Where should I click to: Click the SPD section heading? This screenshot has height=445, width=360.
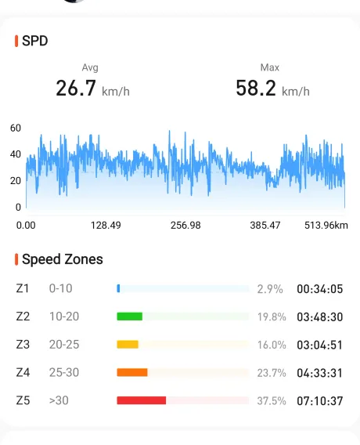35,41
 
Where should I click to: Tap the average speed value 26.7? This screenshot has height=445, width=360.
76,88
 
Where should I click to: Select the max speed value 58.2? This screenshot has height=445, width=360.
256,88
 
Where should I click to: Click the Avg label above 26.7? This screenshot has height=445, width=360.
90,67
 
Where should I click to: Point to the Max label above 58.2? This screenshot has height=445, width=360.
269,67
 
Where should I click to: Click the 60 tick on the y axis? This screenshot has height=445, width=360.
16,128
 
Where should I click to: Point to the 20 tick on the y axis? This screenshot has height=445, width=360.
16,181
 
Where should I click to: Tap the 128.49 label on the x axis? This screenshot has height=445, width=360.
106,226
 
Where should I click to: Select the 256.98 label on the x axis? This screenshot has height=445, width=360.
185,226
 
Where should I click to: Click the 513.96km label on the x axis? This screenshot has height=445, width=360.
326,226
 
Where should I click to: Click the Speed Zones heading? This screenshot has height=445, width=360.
63,259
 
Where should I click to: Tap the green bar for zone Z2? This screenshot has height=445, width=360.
130,317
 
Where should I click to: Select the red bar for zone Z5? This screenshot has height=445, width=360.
142,400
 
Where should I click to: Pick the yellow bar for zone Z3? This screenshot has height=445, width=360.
128,345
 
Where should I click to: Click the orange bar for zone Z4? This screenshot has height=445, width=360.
132,372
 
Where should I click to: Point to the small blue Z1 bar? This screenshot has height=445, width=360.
118,288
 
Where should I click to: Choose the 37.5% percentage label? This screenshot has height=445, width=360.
272,400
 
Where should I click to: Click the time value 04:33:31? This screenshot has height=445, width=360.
320,373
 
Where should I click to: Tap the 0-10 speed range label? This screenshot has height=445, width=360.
61,288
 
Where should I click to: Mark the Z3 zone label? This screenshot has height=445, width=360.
23,345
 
